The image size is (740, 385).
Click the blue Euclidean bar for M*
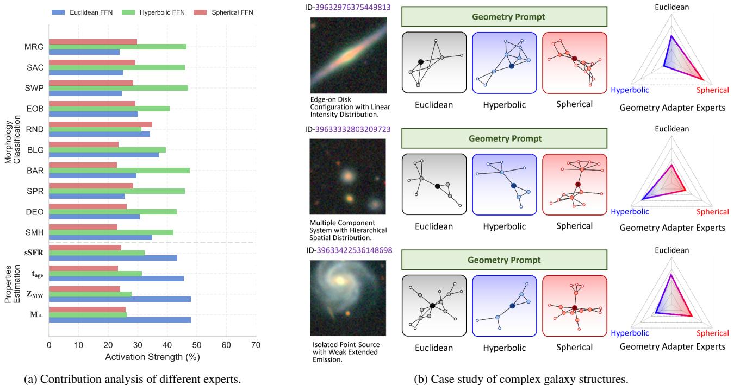click(x=120, y=320)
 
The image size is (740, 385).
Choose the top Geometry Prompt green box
click(x=505, y=17)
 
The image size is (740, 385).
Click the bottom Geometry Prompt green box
click(x=505, y=260)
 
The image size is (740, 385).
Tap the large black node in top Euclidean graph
click(x=420, y=62)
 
